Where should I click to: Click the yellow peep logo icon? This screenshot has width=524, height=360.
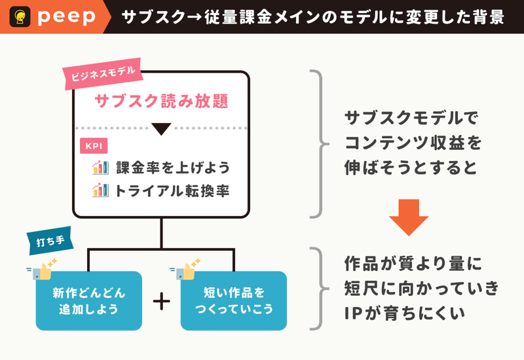point(20,17)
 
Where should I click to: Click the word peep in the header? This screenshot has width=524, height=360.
point(67,17)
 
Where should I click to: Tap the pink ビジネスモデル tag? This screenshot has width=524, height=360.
point(103,74)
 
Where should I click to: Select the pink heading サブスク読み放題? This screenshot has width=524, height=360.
point(161,101)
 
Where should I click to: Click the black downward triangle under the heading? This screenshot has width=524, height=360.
point(161,128)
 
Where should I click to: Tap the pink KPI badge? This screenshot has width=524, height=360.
point(94,146)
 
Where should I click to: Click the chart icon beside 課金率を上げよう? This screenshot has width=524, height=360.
point(100,168)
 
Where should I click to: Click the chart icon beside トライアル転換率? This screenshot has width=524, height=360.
point(100,190)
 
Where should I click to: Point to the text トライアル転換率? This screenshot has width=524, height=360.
point(172,191)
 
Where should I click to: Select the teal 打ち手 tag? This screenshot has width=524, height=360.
point(50,241)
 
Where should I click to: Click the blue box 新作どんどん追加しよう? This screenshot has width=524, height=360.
point(89,301)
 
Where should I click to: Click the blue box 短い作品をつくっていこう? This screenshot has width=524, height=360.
point(234,301)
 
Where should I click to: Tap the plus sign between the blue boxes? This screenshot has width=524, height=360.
point(161,301)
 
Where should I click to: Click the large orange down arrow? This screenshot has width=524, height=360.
point(408,217)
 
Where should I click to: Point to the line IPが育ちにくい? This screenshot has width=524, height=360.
point(405,314)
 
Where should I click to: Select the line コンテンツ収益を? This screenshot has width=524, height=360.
point(413,143)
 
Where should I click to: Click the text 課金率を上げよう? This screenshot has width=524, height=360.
point(173,168)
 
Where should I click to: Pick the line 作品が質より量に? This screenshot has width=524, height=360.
point(413,264)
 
